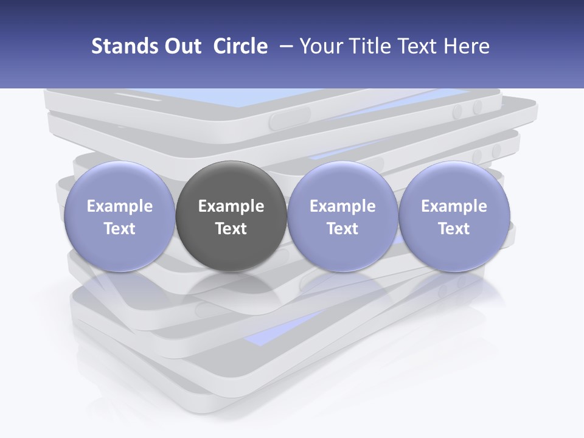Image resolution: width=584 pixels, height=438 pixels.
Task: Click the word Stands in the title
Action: (122, 46)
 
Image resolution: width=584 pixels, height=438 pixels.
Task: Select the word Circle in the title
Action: (240, 46)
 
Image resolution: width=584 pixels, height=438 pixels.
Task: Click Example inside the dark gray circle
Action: (231, 206)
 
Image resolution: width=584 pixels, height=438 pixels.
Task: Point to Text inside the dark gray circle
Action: (231, 229)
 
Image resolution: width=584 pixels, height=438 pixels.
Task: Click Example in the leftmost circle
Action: (119, 206)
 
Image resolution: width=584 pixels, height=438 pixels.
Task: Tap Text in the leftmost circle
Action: (119, 229)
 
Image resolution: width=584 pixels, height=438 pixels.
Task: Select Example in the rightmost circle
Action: (454, 206)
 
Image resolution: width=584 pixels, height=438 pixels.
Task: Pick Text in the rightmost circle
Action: (454, 229)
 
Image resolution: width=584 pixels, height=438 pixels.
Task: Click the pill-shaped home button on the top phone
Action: (290, 117)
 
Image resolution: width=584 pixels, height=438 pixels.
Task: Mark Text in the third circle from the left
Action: (342, 229)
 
